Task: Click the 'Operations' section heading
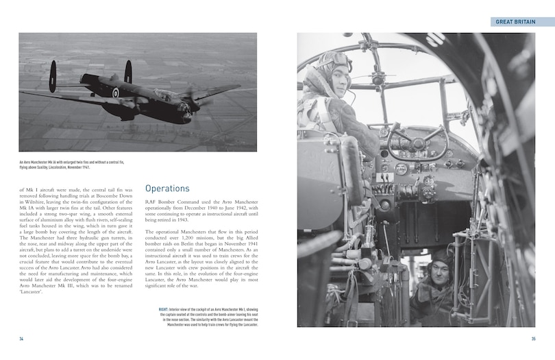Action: click(x=168, y=188)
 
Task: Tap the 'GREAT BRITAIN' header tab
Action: click(x=525, y=22)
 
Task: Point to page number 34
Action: click(x=21, y=339)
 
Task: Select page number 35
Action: click(x=533, y=339)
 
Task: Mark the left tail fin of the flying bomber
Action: click(x=53, y=76)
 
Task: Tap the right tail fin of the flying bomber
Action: click(x=127, y=71)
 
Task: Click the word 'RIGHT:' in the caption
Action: click(x=164, y=310)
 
